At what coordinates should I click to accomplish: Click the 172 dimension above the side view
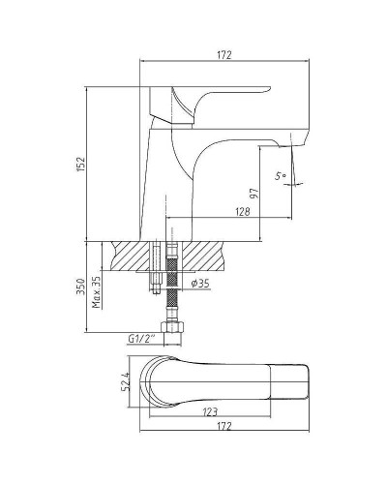224,55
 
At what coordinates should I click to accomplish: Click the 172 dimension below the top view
224,426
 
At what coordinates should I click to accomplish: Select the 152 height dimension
81,164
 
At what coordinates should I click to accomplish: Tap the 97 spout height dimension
254,194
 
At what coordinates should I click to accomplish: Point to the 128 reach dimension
243,211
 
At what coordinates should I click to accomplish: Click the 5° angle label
281,176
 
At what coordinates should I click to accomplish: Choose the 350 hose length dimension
81,287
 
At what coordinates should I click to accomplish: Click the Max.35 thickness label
97,292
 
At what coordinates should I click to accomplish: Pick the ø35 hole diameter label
200,284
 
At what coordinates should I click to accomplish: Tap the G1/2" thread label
141,339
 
